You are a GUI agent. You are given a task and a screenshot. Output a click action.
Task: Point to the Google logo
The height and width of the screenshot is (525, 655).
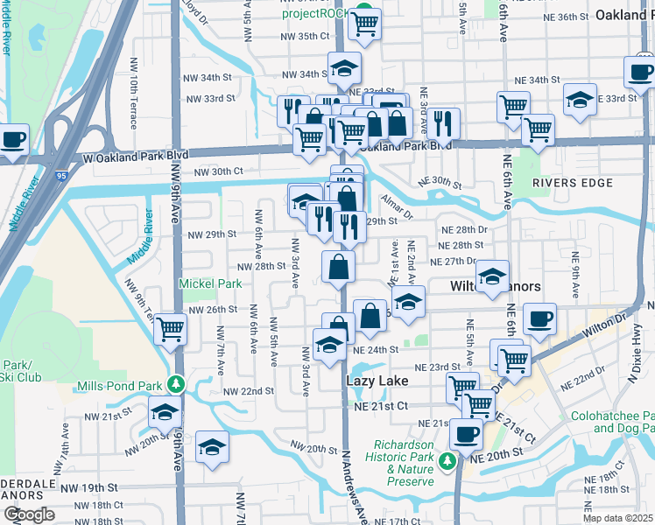pos(28,514)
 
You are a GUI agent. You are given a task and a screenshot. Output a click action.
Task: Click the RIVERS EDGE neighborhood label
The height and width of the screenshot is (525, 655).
pos(570,182)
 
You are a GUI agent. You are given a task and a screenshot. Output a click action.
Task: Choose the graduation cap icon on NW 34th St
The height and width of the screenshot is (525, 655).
pos(345,66)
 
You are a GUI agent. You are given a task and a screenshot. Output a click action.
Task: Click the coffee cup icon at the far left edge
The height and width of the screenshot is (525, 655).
pos(12,138)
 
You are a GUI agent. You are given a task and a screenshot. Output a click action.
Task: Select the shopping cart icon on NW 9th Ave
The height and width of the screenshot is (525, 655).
pos(170,329)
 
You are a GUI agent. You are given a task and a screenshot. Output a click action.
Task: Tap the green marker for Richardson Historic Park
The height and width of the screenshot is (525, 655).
pos(447,460)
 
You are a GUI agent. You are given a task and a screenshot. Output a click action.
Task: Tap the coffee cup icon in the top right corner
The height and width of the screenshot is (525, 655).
pos(641,72)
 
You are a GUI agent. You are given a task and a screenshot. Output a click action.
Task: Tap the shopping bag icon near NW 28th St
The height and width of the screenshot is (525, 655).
pos(339,266)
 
